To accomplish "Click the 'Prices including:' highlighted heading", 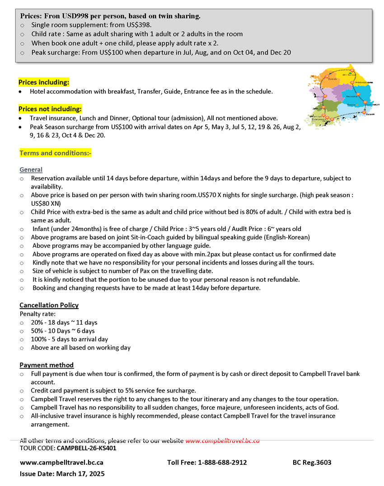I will point(44,82).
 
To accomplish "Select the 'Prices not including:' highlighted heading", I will point(50,109).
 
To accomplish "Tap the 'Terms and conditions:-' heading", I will point(56,153).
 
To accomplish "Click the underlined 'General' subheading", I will point(31,170).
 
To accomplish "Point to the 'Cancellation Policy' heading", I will point(49,305).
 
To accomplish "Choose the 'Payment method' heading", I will point(47,365).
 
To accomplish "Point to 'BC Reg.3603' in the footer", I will point(312,462).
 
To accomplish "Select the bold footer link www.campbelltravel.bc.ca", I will point(61,462).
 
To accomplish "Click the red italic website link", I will point(222,441).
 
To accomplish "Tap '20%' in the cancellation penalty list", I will point(37,322).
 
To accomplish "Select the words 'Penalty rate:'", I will point(37,313).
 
